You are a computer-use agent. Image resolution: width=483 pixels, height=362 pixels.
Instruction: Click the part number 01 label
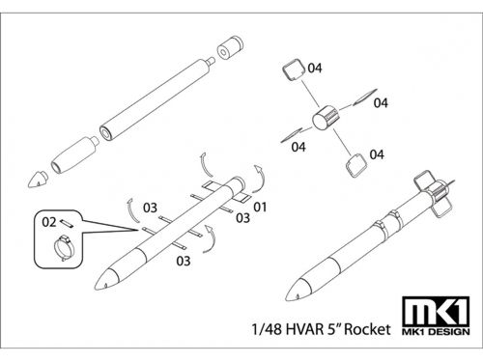[260, 207]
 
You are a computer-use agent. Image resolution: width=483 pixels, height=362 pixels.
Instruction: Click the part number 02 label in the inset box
[49, 222]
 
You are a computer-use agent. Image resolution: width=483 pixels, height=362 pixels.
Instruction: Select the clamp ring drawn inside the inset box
[64, 248]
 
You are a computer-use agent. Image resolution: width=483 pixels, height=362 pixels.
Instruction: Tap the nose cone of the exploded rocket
[38, 180]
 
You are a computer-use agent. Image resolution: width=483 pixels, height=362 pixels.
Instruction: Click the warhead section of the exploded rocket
[75, 154]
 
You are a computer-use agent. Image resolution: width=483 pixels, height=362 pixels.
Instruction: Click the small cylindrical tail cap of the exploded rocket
[230, 47]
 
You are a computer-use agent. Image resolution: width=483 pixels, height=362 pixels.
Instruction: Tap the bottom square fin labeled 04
[356, 165]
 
